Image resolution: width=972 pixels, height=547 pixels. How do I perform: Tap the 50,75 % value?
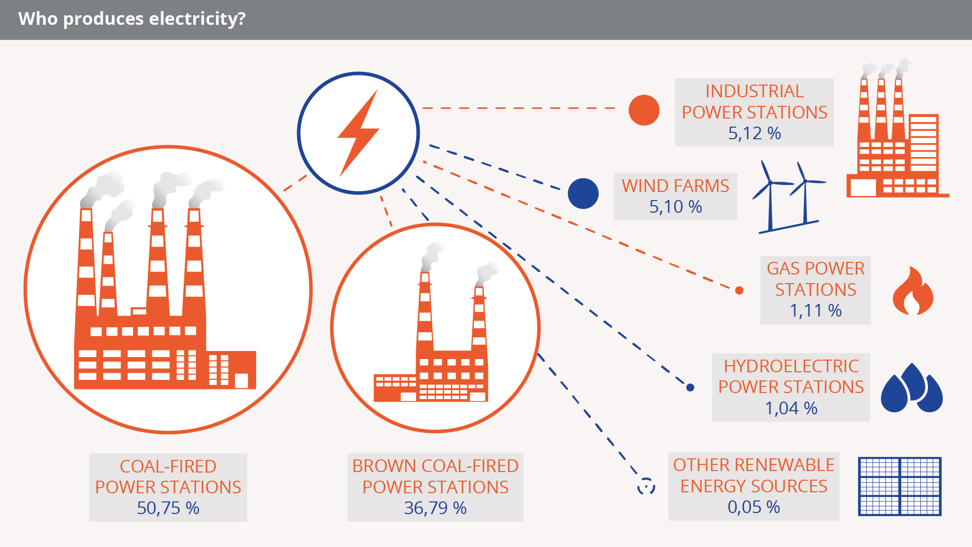pos(168,508)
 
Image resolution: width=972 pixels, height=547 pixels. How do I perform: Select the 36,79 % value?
pos(435,508)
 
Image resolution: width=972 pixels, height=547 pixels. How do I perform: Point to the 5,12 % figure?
pos(754,133)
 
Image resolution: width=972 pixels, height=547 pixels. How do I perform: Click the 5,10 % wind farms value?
pos(675,207)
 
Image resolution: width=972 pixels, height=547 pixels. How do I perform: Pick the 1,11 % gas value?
pos(816,310)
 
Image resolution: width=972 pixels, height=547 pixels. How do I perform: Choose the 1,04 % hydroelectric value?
pos(791,408)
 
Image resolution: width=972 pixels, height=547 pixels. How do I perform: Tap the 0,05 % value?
pos(754,507)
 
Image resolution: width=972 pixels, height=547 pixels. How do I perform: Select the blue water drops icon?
pos(912,388)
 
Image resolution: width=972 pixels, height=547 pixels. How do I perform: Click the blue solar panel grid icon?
pos(900,486)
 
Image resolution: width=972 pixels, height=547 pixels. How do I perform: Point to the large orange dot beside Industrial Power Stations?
pos(644,110)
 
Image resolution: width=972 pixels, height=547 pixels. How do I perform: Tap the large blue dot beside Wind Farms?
pos(583,193)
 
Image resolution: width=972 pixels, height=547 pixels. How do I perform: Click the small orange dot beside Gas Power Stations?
pos(739,290)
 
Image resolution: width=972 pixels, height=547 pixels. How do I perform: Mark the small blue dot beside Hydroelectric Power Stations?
pos(690,387)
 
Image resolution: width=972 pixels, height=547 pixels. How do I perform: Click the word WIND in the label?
pos(645,186)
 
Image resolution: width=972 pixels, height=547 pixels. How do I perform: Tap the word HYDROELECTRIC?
pos(791,366)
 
